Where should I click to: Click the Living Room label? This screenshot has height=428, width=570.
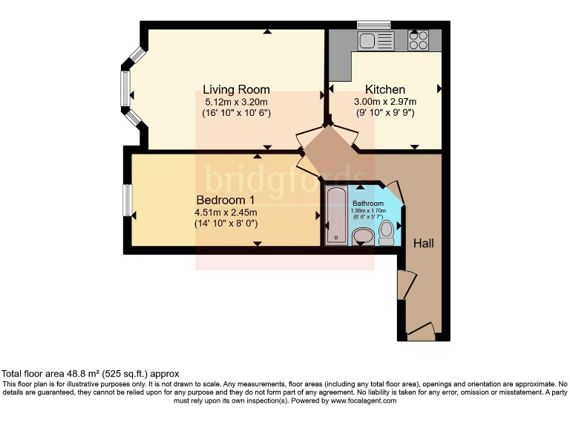pyautogui.click(x=236, y=89)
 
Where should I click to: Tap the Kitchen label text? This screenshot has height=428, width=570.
pyautogui.click(x=385, y=89)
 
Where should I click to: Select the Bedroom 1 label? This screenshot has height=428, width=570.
pyautogui.click(x=226, y=200)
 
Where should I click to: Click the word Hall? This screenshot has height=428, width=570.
pyautogui.click(x=424, y=243)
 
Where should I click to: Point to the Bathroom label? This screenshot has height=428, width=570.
pyautogui.click(x=368, y=204)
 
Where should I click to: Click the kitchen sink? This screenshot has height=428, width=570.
pyautogui.click(x=376, y=41)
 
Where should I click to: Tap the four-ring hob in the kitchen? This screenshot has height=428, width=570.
pyautogui.click(x=418, y=40)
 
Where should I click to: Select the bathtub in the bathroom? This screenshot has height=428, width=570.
pyautogui.click(x=336, y=215)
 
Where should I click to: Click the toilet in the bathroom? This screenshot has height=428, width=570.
pyautogui.click(x=386, y=233)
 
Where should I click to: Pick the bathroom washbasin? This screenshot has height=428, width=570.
pyautogui.click(x=363, y=236)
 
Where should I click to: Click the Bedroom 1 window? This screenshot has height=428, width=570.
pyautogui.click(x=127, y=200)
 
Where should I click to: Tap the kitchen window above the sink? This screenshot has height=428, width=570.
pyautogui.click(x=374, y=25)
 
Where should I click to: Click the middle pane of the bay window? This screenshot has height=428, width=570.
pyautogui.click(x=125, y=88)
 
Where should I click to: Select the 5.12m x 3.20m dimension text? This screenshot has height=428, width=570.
pyautogui.click(x=236, y=103)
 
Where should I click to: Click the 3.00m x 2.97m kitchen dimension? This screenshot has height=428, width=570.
pyautogui.click(x=385, y=102)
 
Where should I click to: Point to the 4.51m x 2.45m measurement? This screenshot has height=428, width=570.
pyautogui.click(x=226, y=213)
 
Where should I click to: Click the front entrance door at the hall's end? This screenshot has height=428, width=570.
pyautogui.click(x=421, y=331)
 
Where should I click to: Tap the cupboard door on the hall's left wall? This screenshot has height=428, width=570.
pyautogui.click(x=407, y=285)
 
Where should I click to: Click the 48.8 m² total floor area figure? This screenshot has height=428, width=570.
pyautogui.click(x=83, y=374)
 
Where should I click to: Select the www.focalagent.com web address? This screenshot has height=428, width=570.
pyautogui.click(x=363, y=401)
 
